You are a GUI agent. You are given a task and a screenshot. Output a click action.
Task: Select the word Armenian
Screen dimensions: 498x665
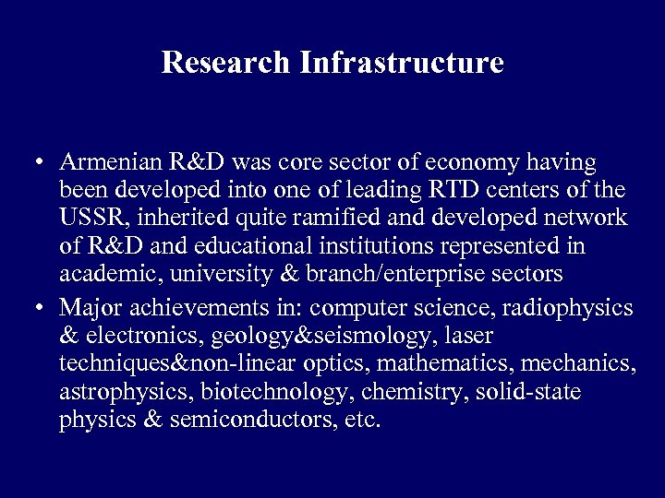pos(112,163)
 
